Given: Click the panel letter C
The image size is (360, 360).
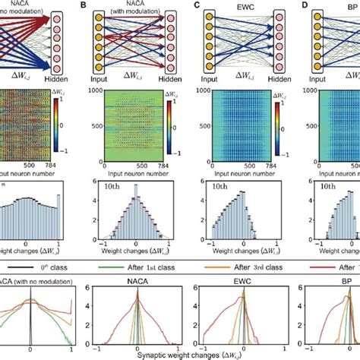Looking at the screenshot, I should (197, 5).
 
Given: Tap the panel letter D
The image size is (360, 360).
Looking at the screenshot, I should (305, 5).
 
